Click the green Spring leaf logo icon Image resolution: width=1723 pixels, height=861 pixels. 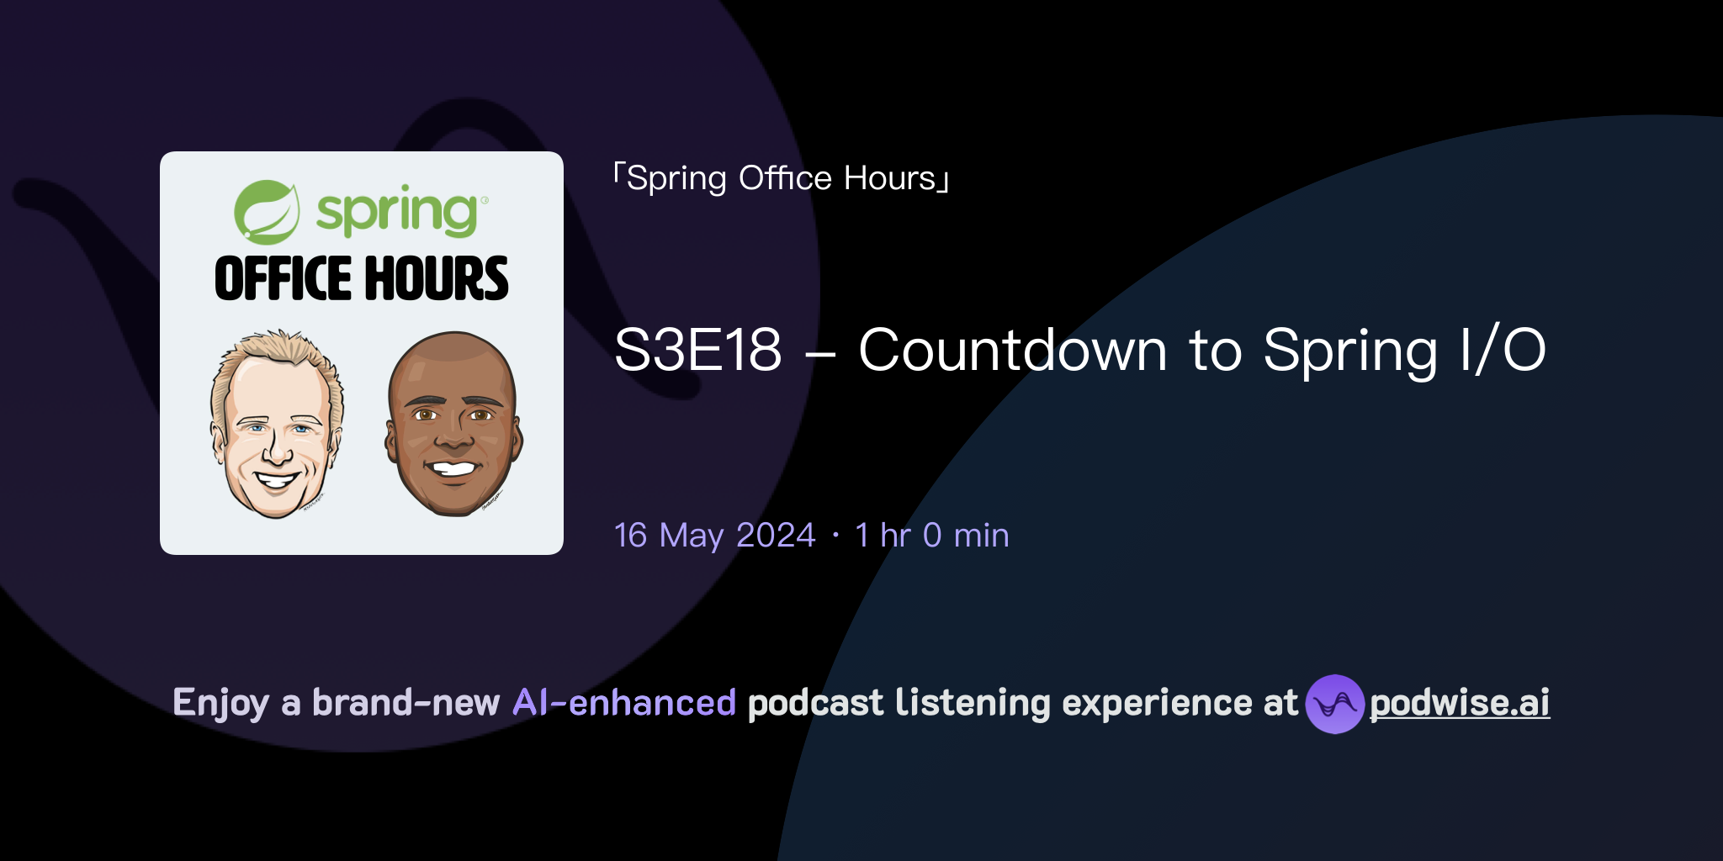[266, 211]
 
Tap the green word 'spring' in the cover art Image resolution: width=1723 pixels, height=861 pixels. [397, 212]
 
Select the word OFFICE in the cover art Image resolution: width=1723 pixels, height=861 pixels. [282, 279]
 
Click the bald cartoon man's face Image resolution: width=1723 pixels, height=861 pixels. [453, 425]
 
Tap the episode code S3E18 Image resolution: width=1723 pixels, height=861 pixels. [698, 350]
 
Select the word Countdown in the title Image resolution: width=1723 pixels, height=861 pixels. [1012, 350]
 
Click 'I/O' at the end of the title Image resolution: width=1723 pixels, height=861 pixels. [1503, 350]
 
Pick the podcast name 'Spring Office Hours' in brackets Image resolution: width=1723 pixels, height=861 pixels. [782, 178]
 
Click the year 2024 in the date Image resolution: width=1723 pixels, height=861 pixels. [776, 536]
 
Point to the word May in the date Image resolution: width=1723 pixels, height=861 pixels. [692, 536]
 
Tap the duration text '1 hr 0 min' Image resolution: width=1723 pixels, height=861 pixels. [931, 536]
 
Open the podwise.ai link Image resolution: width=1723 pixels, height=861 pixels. [1460, 703]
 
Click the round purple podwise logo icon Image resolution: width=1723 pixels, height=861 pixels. [1334, 704]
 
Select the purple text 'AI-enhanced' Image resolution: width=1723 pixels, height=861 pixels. [624, 703]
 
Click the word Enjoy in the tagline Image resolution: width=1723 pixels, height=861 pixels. [220, 703]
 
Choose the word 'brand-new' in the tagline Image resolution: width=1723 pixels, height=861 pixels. [406, 703]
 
